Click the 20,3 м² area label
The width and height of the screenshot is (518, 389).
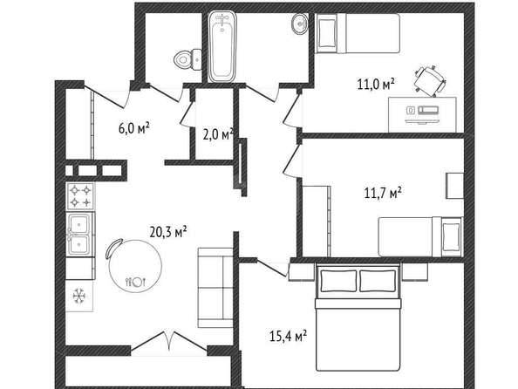pos(168,232)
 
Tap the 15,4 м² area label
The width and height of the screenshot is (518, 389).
pos(288,337)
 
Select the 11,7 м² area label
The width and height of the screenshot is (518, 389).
pos(383,193)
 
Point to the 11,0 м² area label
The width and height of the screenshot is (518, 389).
pos(376,84)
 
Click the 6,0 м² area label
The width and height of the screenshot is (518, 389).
pos(133,128)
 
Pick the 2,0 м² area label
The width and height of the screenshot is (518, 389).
pos(218,134)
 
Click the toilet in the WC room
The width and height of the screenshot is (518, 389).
pos(188,59)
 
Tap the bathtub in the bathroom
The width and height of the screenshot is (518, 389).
pos(222,47)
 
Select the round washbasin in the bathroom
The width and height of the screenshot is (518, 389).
pos(300,24)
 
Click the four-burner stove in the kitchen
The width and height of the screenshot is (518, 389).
pos(81,196)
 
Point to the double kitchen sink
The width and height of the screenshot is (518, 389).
pos(79,235)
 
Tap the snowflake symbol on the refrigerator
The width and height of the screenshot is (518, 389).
pos(79,296)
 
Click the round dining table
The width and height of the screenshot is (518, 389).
pos(135,265)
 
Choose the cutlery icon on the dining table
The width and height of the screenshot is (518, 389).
pos(135,282)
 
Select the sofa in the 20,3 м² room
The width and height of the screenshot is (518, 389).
pos(215,288)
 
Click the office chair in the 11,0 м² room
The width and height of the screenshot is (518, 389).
pos(430,81)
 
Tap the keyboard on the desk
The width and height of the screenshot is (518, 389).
pos(428,110)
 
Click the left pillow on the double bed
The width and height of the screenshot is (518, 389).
pos(338,281)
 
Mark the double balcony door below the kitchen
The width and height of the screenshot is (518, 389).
pos(169,341)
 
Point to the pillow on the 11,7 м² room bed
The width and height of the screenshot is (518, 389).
pos(451,236)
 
